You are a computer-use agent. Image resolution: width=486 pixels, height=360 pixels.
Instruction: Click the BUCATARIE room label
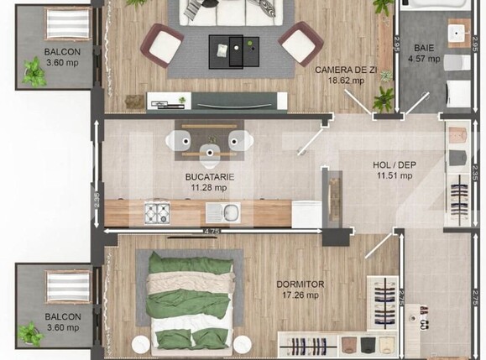pyautogui.click(x=209, y=181)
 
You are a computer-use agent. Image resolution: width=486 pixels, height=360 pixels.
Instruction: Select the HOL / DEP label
pyautogui.click(x=395, y=170)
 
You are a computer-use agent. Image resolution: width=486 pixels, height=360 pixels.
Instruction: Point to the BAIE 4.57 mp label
pyautogui.click(x=423, y=54)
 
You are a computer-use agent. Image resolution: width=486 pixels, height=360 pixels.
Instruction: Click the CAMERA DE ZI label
pyautogui.click(x=340, y=75)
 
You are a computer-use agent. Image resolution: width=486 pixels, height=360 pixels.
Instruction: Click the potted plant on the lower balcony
pyautogui.click(x=31, y=335)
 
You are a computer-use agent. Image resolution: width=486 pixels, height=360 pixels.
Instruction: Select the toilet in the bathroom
pyautogui.click(x=454, y=64)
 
